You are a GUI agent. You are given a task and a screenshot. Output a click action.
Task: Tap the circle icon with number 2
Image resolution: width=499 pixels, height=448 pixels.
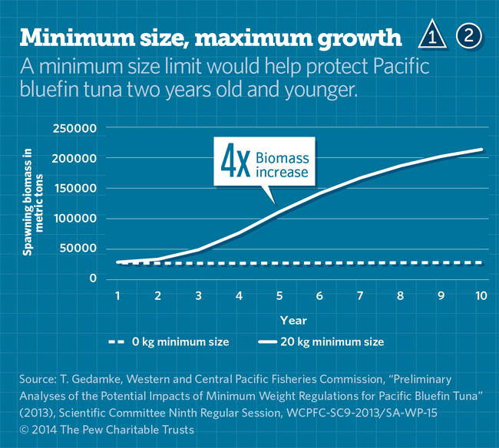(x=470, y=35)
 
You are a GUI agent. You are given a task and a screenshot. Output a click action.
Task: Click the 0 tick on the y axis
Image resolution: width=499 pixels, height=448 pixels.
(x=93, y=278)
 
